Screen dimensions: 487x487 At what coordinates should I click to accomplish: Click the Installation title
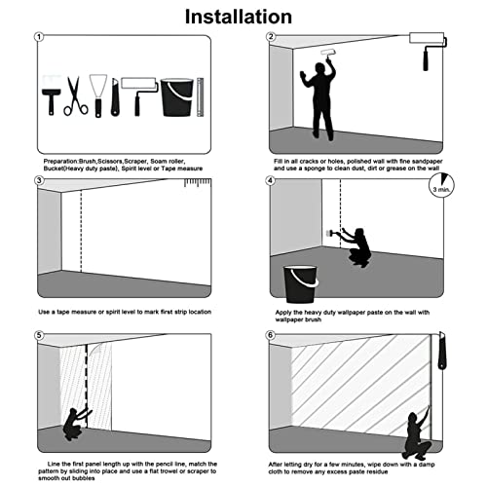[x=239, y=17]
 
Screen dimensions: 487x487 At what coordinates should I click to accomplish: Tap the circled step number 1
[x=39, y=37]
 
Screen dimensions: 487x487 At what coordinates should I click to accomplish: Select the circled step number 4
[x=271, y=180]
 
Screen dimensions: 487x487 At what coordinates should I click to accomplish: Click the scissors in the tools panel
[x=76, y=95]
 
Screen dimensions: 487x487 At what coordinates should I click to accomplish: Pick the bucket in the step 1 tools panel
[x=177, y=97]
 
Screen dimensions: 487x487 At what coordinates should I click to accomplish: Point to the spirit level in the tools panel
[x=201, y=97]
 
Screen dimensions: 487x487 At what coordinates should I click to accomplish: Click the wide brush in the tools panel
[x=52, y=95]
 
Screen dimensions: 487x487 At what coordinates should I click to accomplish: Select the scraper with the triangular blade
[x=98, y=95]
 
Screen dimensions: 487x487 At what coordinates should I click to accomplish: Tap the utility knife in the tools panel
[x=115, y=96]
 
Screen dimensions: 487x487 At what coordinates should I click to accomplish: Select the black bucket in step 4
[x=301, y=284]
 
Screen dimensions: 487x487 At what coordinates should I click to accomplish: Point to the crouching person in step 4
[x=356, y=247]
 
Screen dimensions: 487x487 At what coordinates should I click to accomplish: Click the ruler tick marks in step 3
[x=198, y=182]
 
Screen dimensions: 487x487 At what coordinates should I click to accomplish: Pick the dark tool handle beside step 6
[x=442, y=352]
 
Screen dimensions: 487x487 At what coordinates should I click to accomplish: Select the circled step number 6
[x=271, y=335]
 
